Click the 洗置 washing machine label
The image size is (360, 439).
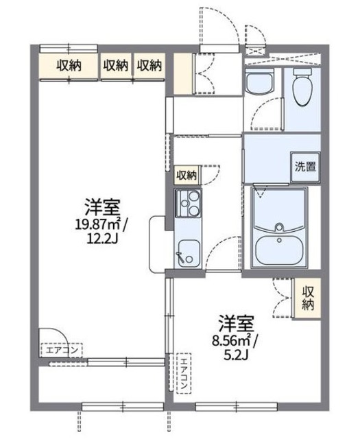click(x=305, y=165)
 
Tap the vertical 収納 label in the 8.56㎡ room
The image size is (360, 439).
click(x=307, y=298)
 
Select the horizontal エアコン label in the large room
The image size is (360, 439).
click(x=62, y=351)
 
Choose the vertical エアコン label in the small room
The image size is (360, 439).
click(x=183, y=374)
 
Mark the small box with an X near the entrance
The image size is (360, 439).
click(x=256, y=51)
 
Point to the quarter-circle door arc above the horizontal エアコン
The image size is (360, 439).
click(x=49, y=334)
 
